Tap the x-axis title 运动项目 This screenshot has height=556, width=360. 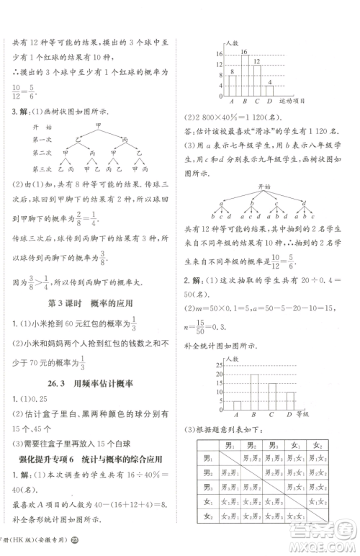306,102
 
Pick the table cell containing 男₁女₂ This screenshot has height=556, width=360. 318,459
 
